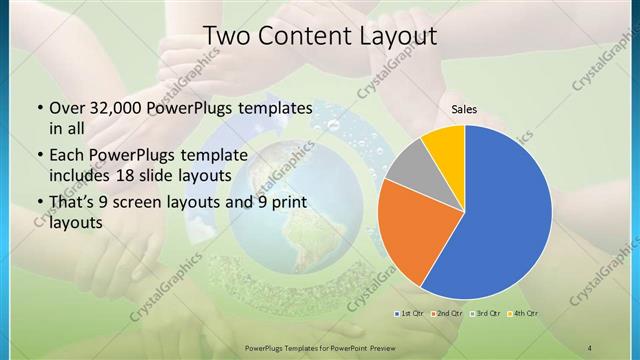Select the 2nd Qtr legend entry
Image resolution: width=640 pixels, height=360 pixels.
pos(446,314)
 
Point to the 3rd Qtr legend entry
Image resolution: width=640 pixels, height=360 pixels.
pos(485,314)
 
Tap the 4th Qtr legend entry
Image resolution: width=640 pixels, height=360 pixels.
pos(523,314)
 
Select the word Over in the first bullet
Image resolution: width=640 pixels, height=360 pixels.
pos(67,108)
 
